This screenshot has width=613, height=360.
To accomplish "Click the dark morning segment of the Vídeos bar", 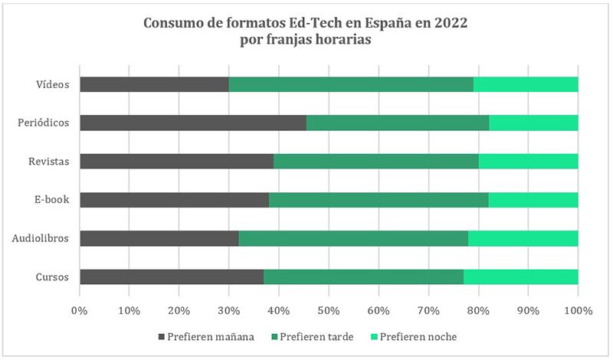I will point(154,84).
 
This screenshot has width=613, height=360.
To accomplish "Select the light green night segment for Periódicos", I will point(533,123).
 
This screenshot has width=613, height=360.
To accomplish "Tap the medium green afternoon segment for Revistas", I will point(376,161).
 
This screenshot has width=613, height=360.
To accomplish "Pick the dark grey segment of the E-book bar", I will point(174,199).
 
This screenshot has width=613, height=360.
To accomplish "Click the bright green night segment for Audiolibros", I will point(523,238).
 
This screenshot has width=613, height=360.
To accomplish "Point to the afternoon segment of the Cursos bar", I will point(363,277).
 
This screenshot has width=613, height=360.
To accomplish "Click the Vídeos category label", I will point(54,84).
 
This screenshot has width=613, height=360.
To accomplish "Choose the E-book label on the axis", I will point(52,199).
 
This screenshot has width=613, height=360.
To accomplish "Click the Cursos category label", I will point(52,277).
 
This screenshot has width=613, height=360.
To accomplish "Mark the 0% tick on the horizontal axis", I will point(80,310).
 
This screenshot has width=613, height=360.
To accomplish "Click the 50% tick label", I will point(329,310).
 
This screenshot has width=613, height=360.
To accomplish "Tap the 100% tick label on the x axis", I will point(578,310).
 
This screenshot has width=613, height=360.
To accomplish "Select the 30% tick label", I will point(229,310).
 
